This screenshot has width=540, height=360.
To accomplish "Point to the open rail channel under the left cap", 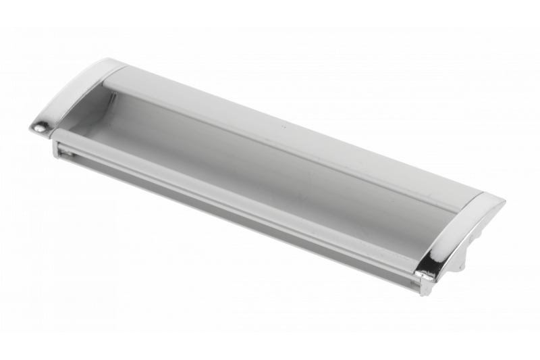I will (x=64, y=152).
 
